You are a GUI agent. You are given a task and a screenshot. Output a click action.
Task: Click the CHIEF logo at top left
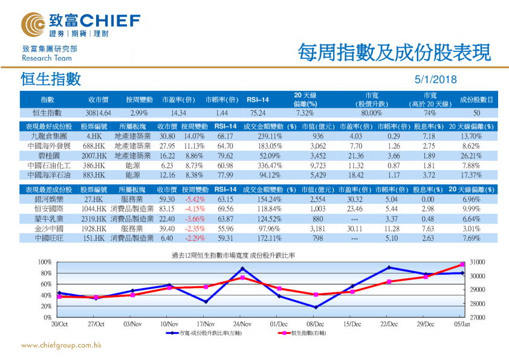76,24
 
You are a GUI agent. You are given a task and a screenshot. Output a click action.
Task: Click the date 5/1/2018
436,80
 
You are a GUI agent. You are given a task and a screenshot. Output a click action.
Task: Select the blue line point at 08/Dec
316,307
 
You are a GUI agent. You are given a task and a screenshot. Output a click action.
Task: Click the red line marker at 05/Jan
462,264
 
